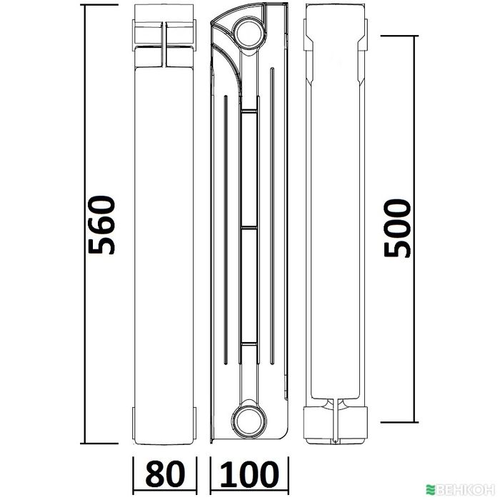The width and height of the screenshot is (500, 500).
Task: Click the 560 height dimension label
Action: tap(101, 225)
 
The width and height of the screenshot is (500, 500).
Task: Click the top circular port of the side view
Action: tap(249, 31)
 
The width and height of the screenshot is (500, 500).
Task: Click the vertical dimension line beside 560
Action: tap(85, 225)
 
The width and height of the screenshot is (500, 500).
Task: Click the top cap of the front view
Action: tap(164, 34)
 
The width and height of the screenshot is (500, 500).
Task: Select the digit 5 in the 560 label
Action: tap(101, 244)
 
